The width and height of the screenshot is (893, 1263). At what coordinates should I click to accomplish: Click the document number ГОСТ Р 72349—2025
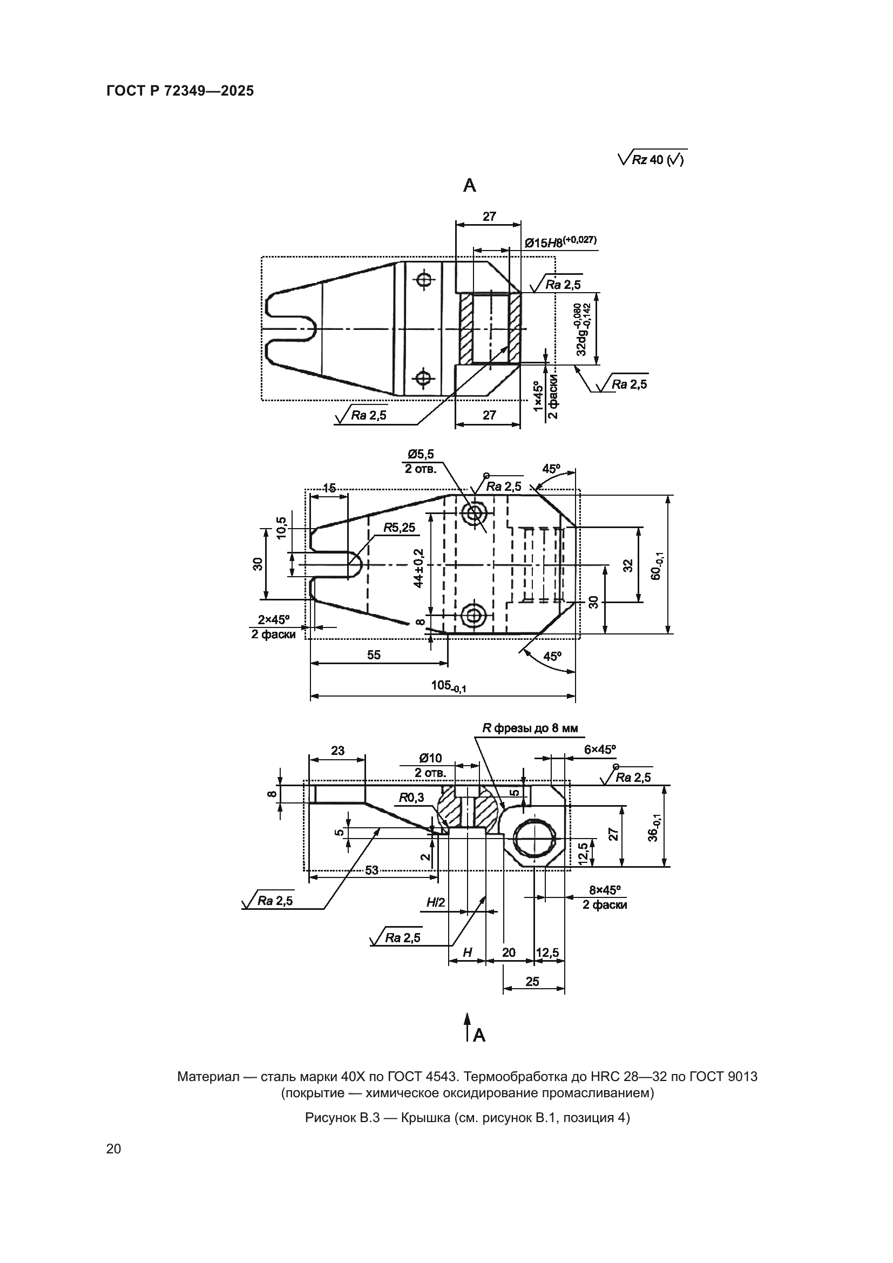point(180,91)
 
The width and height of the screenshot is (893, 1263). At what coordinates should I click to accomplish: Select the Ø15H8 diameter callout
point(560,242)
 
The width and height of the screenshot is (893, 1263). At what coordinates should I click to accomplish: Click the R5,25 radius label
point(399,528)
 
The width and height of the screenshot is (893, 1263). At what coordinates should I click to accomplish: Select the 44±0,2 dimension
point(418,568)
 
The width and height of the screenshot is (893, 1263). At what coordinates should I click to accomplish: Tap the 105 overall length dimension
point(448,685)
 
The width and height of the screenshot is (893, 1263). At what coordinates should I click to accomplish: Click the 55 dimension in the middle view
point(374,654)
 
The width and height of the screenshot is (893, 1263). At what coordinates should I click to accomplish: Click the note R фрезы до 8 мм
point(530,728)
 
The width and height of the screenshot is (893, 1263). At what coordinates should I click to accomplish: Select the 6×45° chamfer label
point(599,749)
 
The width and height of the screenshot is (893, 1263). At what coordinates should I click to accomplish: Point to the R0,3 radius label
point(411,798)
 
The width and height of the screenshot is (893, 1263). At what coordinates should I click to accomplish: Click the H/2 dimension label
point(435,903)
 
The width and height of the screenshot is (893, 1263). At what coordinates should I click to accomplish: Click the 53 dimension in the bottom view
point(371,870)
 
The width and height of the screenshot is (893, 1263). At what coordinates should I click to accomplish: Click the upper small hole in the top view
point(423,280)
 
